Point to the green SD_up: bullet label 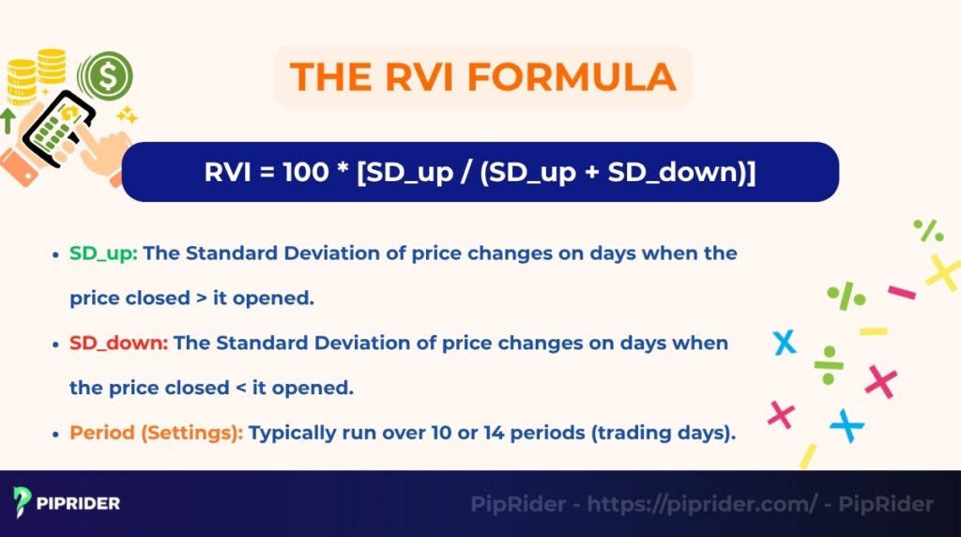[103, 253]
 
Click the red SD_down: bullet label [118, 343]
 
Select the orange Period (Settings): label [156, 433]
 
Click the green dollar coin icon [105, 74]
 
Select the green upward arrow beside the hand [8, 120]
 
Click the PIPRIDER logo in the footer [67, 502]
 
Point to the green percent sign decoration [928, 230]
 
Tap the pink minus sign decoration [901, 293]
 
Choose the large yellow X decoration [942, 272]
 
